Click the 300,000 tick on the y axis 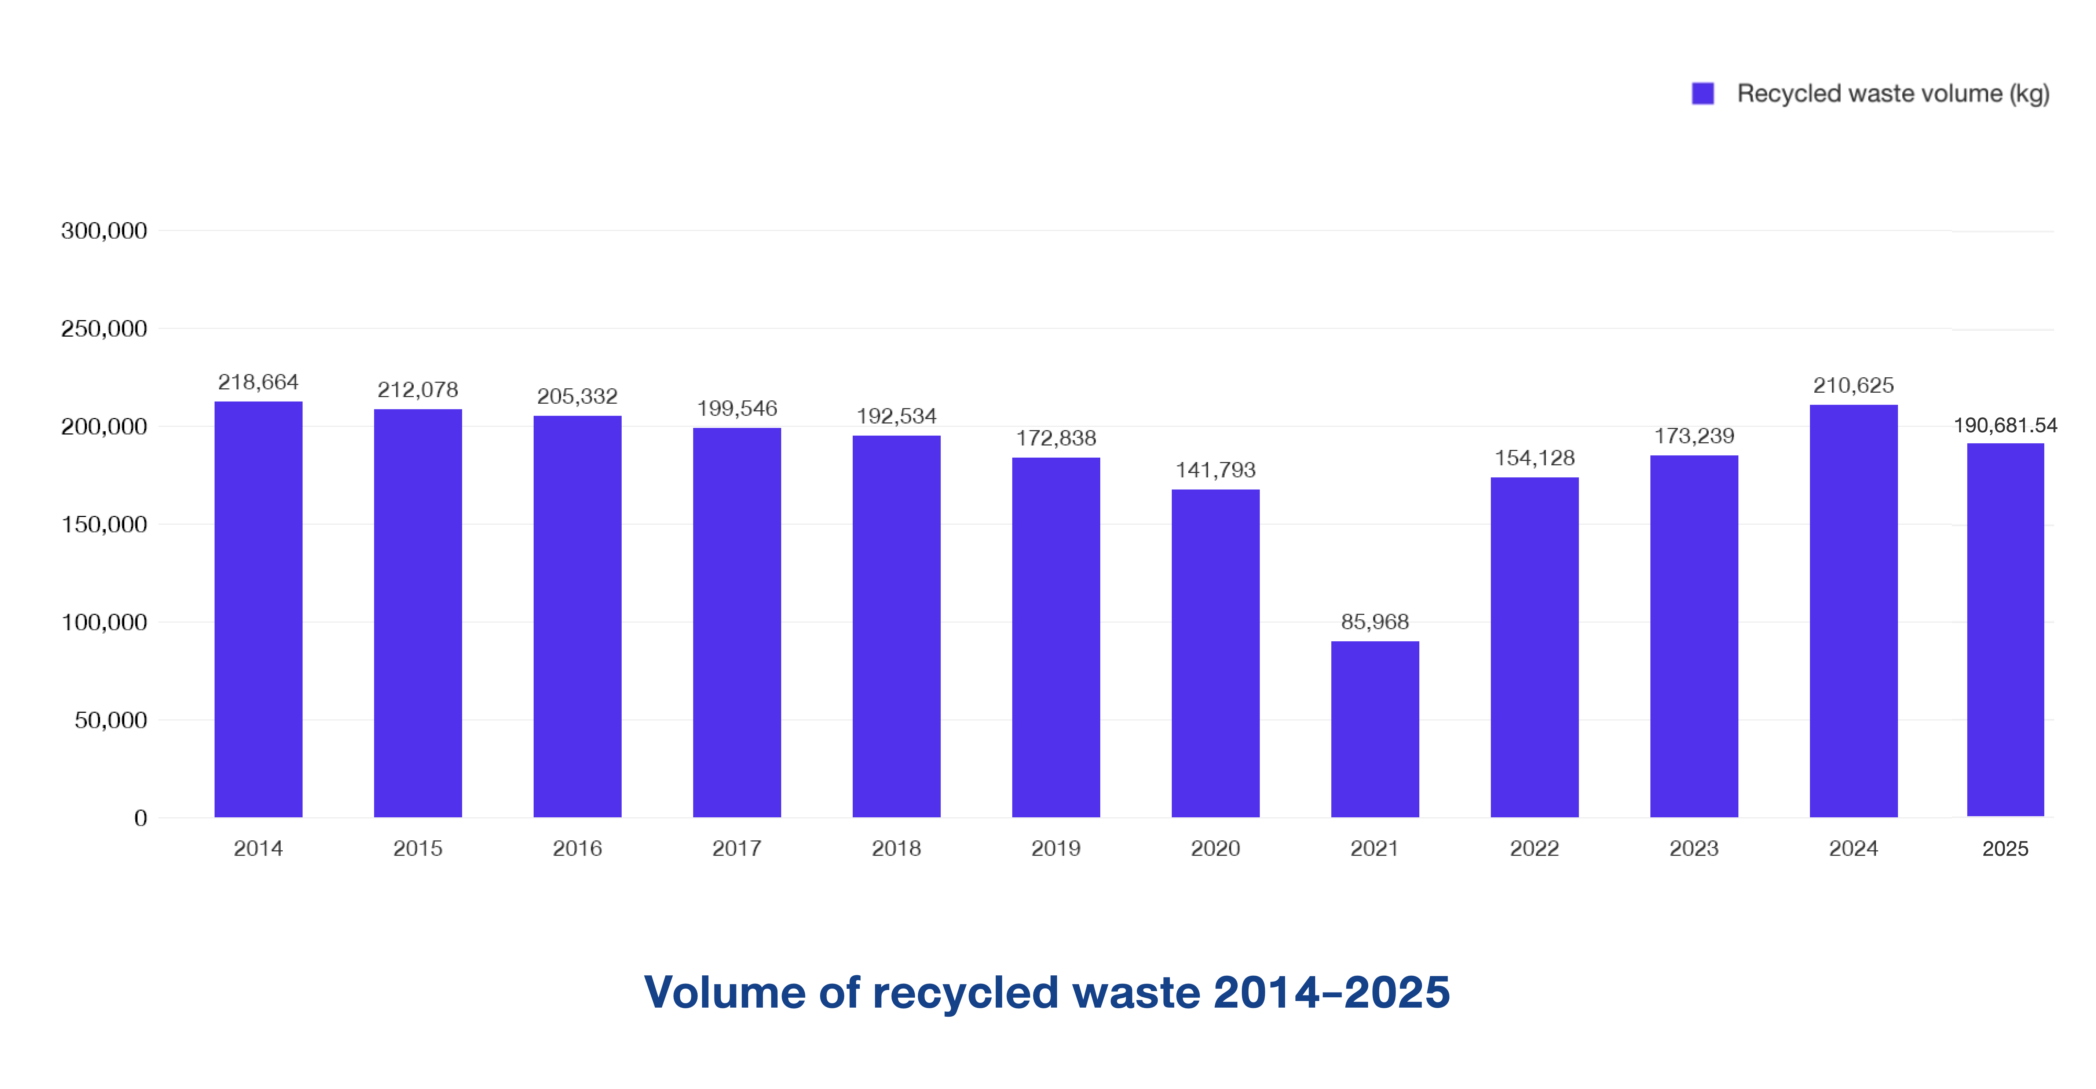coord(104,231)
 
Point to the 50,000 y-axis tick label coord(111,720)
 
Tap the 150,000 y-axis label coord(104,525)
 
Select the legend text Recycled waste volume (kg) coord(1892,93)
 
